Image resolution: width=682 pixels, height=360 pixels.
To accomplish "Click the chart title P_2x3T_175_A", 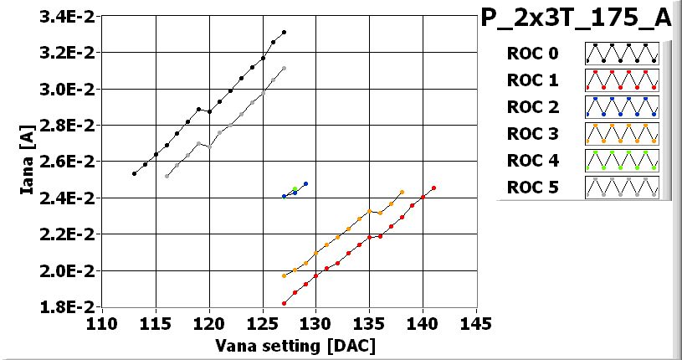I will tap(577, 19).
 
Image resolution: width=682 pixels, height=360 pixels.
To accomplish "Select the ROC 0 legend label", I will tap(532, 54).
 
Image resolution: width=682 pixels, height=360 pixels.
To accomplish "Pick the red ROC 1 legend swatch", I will tap(622, 80).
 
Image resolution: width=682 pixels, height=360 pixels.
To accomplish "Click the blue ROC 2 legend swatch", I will tap(622, 107).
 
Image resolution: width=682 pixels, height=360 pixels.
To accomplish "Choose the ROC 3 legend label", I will tap(532, 134).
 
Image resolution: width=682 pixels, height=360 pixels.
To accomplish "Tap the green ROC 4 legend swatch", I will tap(622, 160).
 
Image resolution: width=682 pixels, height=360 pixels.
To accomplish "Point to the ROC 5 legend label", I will tap(532, 187).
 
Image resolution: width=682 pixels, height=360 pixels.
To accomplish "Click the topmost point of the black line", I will tap(285, 33).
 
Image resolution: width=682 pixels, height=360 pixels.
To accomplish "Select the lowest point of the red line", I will tap(285, 303).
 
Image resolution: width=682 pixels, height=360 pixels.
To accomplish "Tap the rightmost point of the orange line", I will tap(403, 192).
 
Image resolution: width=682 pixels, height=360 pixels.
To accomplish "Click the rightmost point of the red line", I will tap(433, 188).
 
